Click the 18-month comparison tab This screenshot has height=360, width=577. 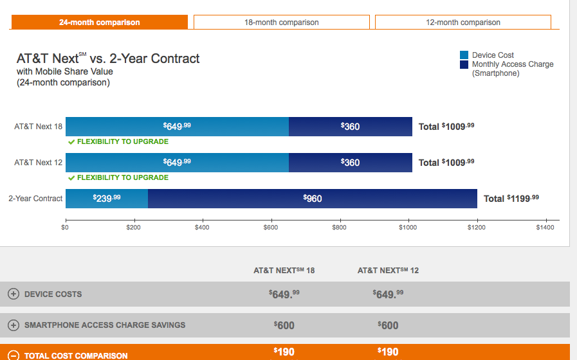pos(281,22)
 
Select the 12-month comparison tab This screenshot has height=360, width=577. pos(463,22)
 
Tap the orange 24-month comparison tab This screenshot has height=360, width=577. pos(99,22)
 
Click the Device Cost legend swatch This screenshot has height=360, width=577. pos(464,55)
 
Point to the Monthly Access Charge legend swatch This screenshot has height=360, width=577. pos(464,64)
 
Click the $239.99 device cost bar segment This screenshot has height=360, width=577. pos(107,199)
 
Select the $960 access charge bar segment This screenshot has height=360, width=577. pos(313,199)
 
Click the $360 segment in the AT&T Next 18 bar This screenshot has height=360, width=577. pos(351,127)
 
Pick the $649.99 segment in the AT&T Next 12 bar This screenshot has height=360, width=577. pos(177,163)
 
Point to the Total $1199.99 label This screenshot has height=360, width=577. pos(511,199)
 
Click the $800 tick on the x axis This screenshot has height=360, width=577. pos(339,228)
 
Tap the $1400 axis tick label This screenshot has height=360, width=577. pos(544,228)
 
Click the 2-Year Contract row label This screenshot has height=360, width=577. pos(35,199)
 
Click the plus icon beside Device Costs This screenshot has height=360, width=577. pos(14,294)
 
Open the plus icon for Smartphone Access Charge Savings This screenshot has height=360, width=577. pos(14,325)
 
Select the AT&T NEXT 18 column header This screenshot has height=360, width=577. pos(284,271)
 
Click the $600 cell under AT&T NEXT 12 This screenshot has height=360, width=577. pos(388,325)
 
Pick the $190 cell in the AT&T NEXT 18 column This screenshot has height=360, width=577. pos(284,352)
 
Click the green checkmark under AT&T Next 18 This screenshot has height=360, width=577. pos(71,142)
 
